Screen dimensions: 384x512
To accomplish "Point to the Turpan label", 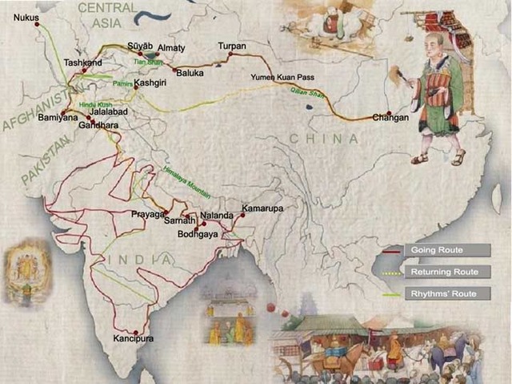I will click(x=231, y=46).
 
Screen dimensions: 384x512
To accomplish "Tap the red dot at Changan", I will click(x=388, y=113).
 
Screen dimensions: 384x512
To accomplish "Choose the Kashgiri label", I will click(x=150, y=83).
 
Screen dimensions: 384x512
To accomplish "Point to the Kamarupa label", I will click(x=262, y=208).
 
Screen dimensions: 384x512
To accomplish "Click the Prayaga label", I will click(x=147, y=215).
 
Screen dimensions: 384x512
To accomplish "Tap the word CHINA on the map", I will click(x=323, y=139).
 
